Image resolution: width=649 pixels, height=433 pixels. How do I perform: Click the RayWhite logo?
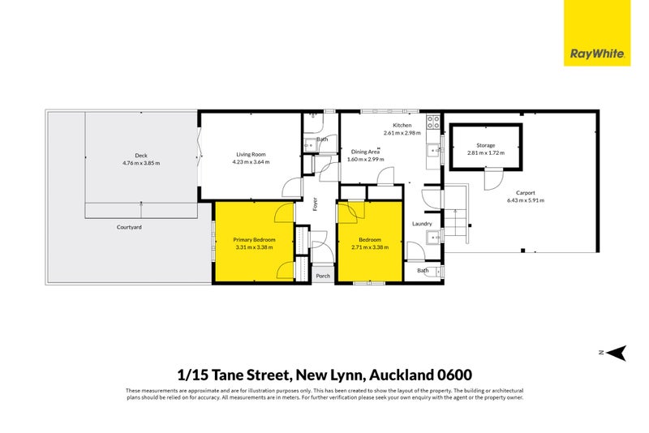click(x=597, y=33)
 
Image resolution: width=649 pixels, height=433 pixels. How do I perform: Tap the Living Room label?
click(x=251, y=154)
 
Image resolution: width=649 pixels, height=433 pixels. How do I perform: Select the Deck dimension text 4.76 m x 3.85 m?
click(x=141, y=163)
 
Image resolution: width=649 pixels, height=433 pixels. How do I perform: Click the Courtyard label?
click(x=128, y=227)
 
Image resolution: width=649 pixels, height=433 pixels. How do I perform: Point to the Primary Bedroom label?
click(x=254, y=239)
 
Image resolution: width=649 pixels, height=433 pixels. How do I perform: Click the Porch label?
click(x=323, y=276)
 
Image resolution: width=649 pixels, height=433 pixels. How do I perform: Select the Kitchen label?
click(x=402, y=125)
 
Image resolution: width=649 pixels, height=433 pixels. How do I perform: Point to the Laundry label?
click(x=422, y=224)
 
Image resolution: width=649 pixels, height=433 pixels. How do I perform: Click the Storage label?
click(x=485, y=145)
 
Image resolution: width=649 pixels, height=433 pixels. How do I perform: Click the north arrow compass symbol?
click(x=617, y=352)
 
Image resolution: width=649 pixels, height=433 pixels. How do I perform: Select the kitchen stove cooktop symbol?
click(x=434, y=124)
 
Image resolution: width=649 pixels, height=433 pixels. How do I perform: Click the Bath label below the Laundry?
click(x=423, y=270)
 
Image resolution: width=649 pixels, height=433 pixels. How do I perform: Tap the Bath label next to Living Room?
click(x=322, y=139)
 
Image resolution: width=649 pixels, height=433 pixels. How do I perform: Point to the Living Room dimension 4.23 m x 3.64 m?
click(x=251, y=162)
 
